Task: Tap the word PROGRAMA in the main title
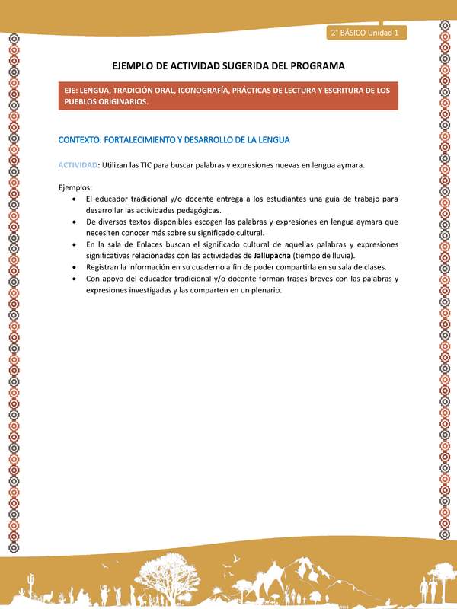click(315, 66)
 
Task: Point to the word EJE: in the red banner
click(73, 91)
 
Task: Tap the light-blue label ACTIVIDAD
click(78, 164)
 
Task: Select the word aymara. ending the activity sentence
click(348, 164)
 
